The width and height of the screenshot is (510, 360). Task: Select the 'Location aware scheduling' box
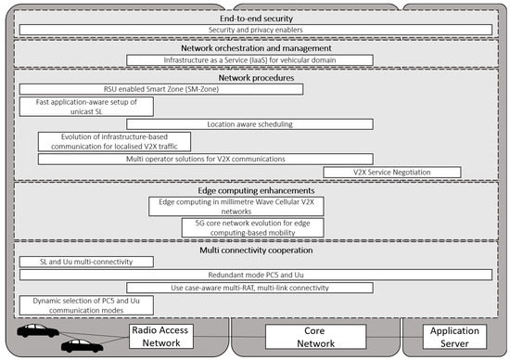click(249, 123)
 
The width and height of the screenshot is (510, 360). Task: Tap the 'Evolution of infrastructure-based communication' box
click(114, 141)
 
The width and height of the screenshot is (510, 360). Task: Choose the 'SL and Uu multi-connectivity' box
click(86, 263)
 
